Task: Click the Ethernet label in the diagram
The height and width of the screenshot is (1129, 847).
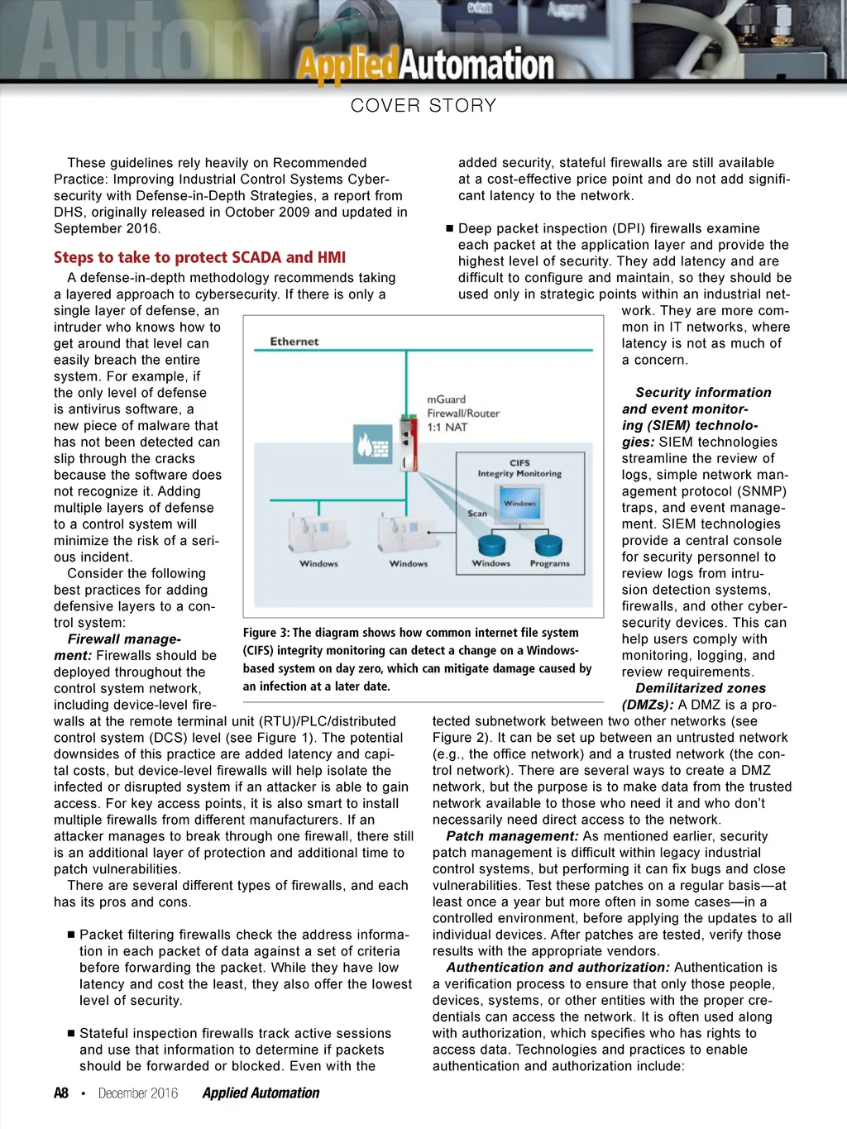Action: (x=294, y=342)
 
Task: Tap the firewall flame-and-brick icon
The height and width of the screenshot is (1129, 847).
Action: (x=371, y=444)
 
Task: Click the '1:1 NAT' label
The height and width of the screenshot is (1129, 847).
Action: (x=447, y=428)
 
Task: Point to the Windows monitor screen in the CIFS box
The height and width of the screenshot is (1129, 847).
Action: (x=520, y=502)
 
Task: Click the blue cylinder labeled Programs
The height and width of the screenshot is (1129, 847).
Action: (x=548, y=545)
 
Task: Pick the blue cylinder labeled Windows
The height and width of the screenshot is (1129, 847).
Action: (x=492, y=545)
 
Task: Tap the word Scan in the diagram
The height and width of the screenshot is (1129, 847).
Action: (x=477, y=514)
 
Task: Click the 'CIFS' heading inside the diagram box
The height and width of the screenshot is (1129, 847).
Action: (x=519, y=463)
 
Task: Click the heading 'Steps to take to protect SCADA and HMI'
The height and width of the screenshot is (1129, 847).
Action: (x=200, y=257)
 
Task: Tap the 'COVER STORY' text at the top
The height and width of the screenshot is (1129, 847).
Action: (x=423, y=106)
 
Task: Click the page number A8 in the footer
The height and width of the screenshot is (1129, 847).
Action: (x=61, y=1093)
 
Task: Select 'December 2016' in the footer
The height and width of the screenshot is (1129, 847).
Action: (x=138, y=1093)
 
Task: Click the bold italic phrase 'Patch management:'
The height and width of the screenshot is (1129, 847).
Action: (x=512, y=836)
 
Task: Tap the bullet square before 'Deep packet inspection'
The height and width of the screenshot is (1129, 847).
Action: (x=450, y=228)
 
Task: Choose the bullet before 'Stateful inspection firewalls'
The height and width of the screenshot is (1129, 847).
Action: (x=71, y=1034)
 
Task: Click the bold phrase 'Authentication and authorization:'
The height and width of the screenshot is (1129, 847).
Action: (x=557, y=968)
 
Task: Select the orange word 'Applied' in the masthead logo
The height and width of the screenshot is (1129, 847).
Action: (x=347, y=65)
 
